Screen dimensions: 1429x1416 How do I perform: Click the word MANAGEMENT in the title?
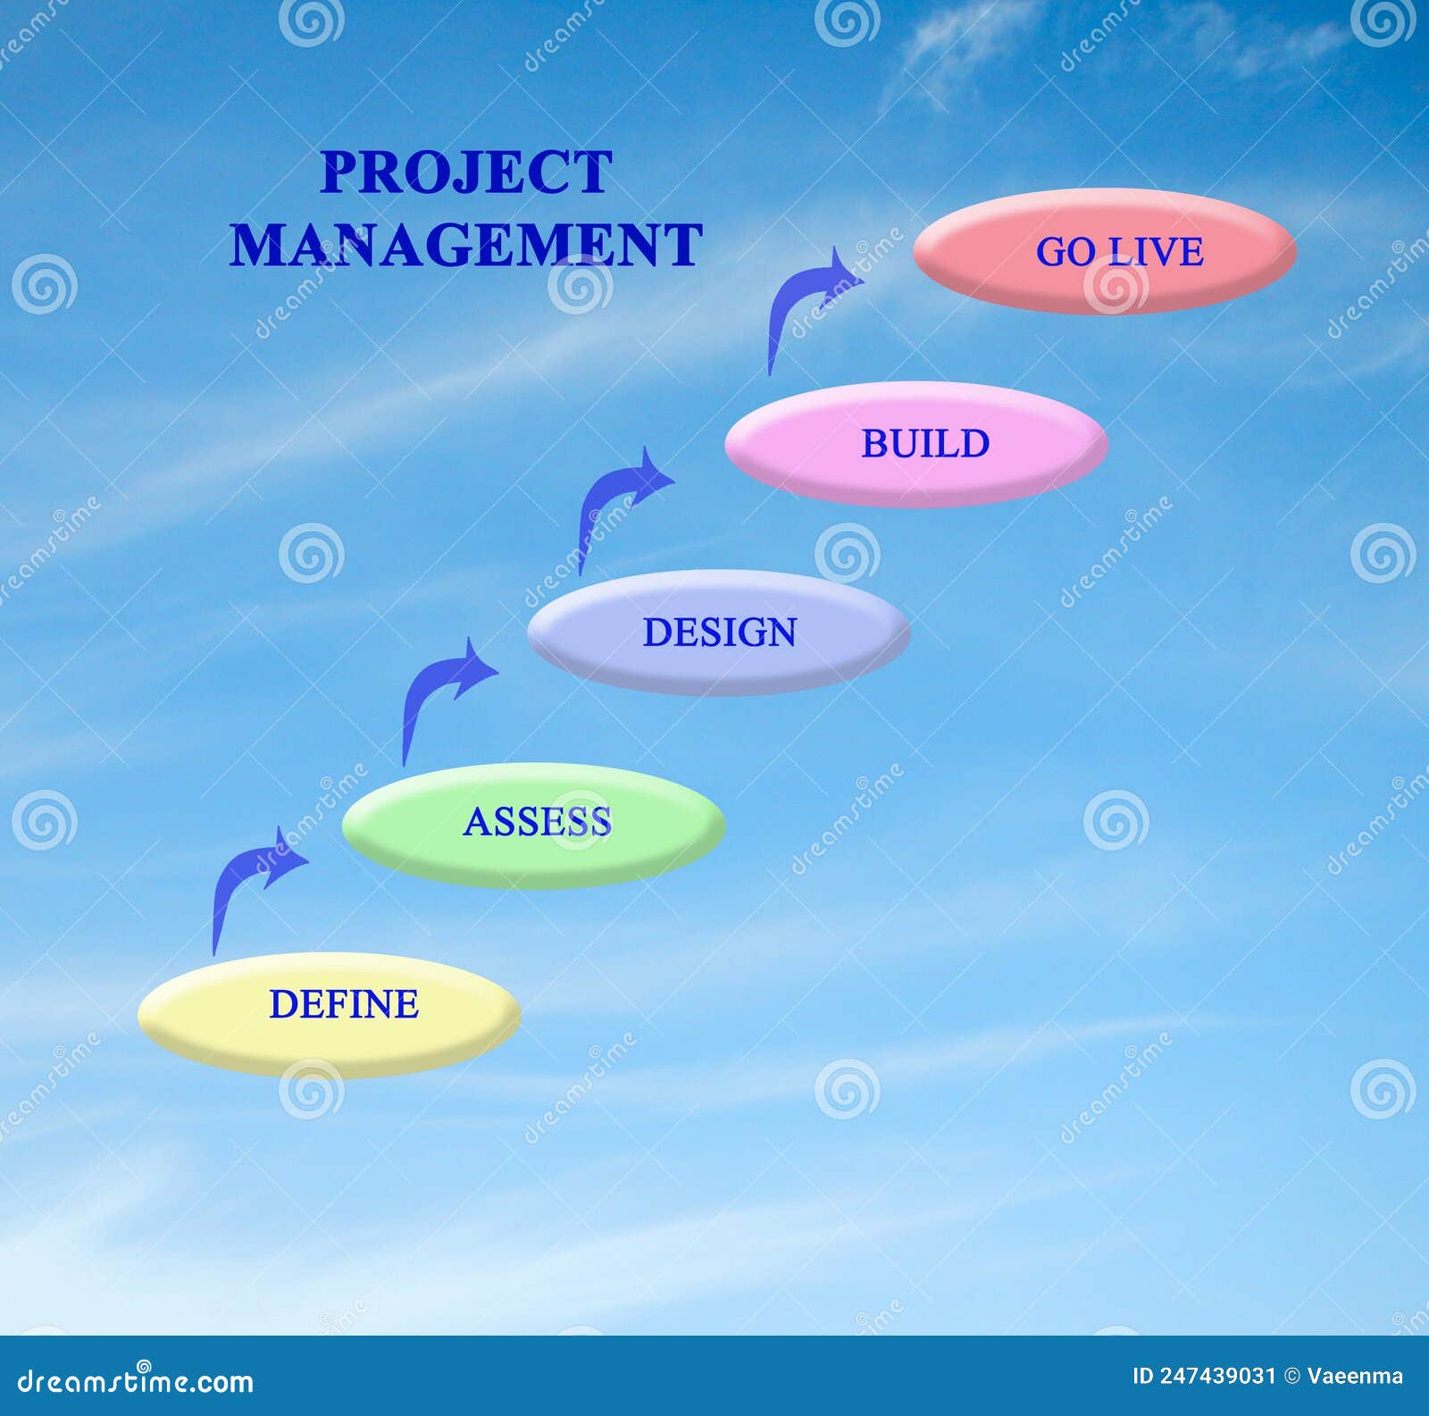[466, 244]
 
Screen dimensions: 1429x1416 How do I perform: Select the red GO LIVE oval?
[1104, 251]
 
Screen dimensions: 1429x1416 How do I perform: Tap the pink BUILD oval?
[916, 444]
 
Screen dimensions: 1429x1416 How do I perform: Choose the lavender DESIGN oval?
[719, 633]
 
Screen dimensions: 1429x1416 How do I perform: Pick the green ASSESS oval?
[533, 825]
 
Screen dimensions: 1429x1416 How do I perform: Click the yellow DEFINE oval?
[330, 1015]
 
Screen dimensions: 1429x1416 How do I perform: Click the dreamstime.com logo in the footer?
[135, 1380]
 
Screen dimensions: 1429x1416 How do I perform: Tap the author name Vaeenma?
[1355, 1377]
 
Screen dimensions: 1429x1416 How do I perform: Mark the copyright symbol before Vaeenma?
[1291, 1377]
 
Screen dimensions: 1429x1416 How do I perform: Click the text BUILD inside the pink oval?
[925, 444]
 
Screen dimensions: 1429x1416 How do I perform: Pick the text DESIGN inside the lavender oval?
[720, 633]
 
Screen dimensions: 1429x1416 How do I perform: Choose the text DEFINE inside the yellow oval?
[344, 1004]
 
